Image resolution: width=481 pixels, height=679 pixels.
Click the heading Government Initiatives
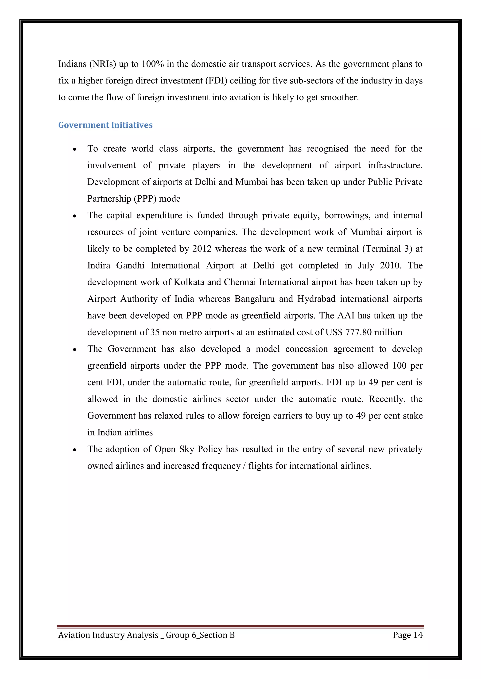[105, 125]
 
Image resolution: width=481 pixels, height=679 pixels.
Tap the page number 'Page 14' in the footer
[407, 635]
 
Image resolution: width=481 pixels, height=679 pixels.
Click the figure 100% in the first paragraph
[152, 64]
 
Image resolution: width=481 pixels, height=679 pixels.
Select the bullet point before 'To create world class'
[75, 149]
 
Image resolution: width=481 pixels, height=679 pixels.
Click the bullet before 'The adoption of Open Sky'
[75, 450]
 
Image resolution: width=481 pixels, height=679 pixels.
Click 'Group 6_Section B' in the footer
[200, 635]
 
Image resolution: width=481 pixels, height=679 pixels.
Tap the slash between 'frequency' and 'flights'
[244, 466]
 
